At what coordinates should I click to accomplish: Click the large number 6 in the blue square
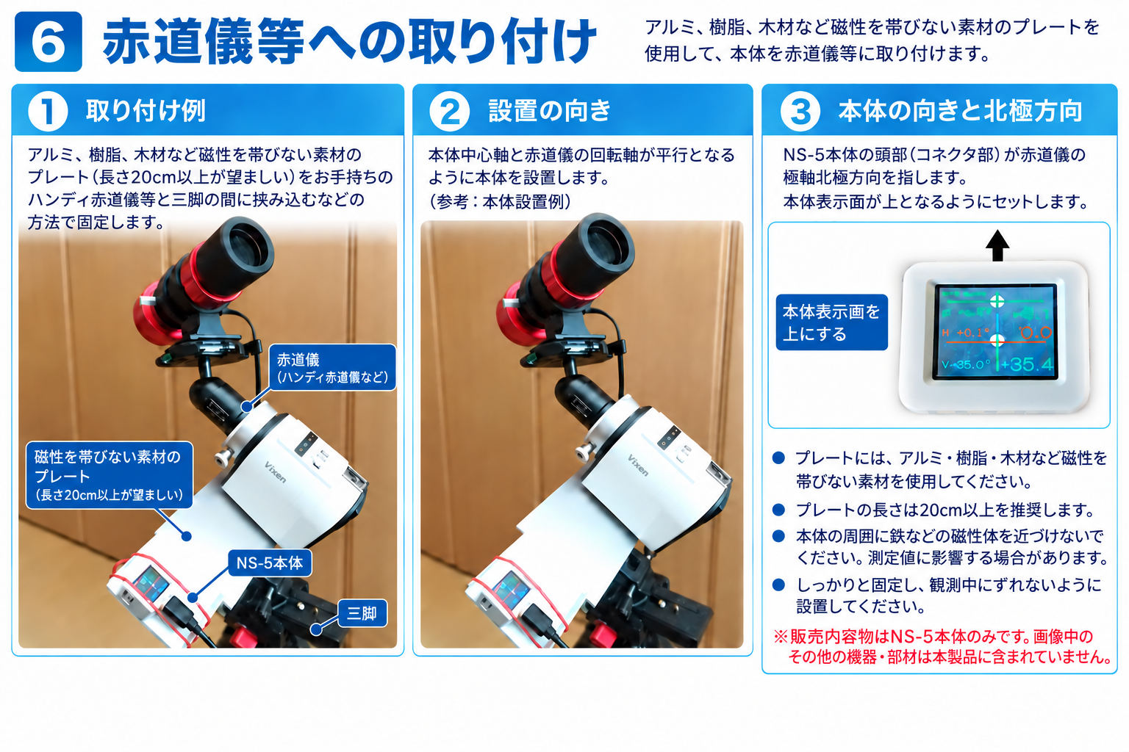49,42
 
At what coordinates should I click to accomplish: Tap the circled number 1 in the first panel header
49,112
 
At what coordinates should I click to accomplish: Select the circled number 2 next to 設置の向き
450,112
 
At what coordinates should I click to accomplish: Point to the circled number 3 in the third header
800,112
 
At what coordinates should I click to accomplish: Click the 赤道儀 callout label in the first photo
333,368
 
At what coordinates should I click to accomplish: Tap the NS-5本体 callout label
270,563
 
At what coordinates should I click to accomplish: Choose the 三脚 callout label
362,613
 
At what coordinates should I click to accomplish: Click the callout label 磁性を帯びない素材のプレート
110,475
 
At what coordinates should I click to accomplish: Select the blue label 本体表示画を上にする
831,322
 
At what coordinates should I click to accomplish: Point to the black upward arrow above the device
997,246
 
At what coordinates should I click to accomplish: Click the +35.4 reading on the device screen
1027,364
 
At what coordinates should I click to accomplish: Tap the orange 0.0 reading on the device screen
1036,333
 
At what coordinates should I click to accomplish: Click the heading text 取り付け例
146,111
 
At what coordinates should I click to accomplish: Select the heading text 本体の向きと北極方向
960,111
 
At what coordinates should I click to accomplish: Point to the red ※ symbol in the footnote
781,637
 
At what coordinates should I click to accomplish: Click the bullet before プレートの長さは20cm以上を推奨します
778,510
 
